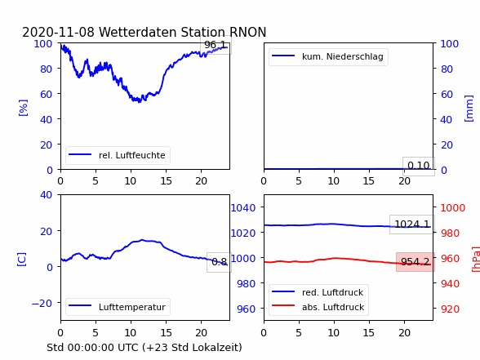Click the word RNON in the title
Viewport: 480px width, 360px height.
point(247,32)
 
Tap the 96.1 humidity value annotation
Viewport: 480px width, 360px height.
point(216,45)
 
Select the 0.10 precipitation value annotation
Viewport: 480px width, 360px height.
point(419,166)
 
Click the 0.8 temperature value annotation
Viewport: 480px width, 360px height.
point(219,262)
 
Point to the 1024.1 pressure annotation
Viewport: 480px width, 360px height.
point(412,224)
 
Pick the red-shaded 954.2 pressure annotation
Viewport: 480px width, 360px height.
point(415,262)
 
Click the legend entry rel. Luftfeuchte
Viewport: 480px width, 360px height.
point(118,155)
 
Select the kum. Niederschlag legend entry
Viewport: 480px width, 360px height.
point(328,56)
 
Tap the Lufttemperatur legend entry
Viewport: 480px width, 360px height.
point(118,307)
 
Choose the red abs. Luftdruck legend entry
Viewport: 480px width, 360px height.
point(318,307)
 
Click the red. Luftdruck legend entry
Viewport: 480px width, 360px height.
point(318,292)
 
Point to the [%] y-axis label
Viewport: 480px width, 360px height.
point(23,108)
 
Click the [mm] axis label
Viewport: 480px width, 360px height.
point(469,109)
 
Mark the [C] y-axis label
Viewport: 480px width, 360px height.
point(22,260)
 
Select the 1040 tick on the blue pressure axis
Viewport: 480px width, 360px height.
point(243,208)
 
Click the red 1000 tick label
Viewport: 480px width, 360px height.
point(453,208)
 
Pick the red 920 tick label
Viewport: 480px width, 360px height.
point(450,309)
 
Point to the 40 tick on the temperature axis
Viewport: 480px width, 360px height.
point(46,194)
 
